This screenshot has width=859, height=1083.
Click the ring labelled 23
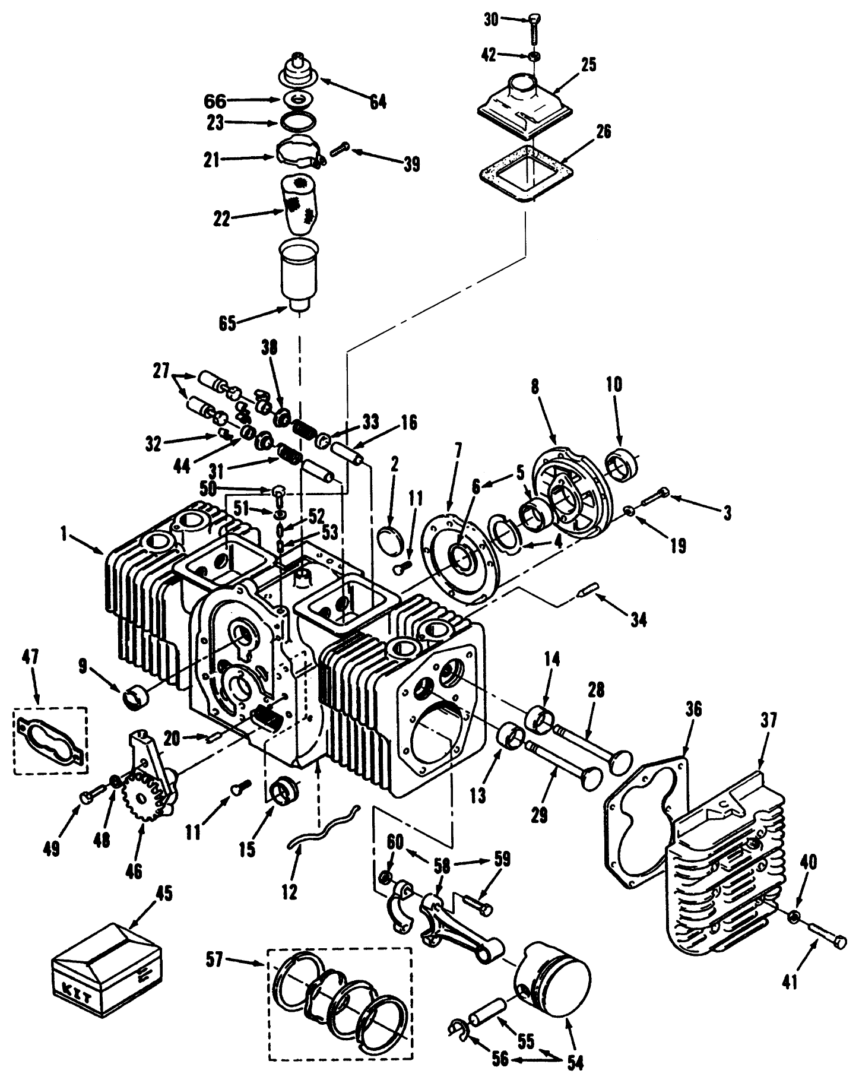[x=297, y=122]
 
